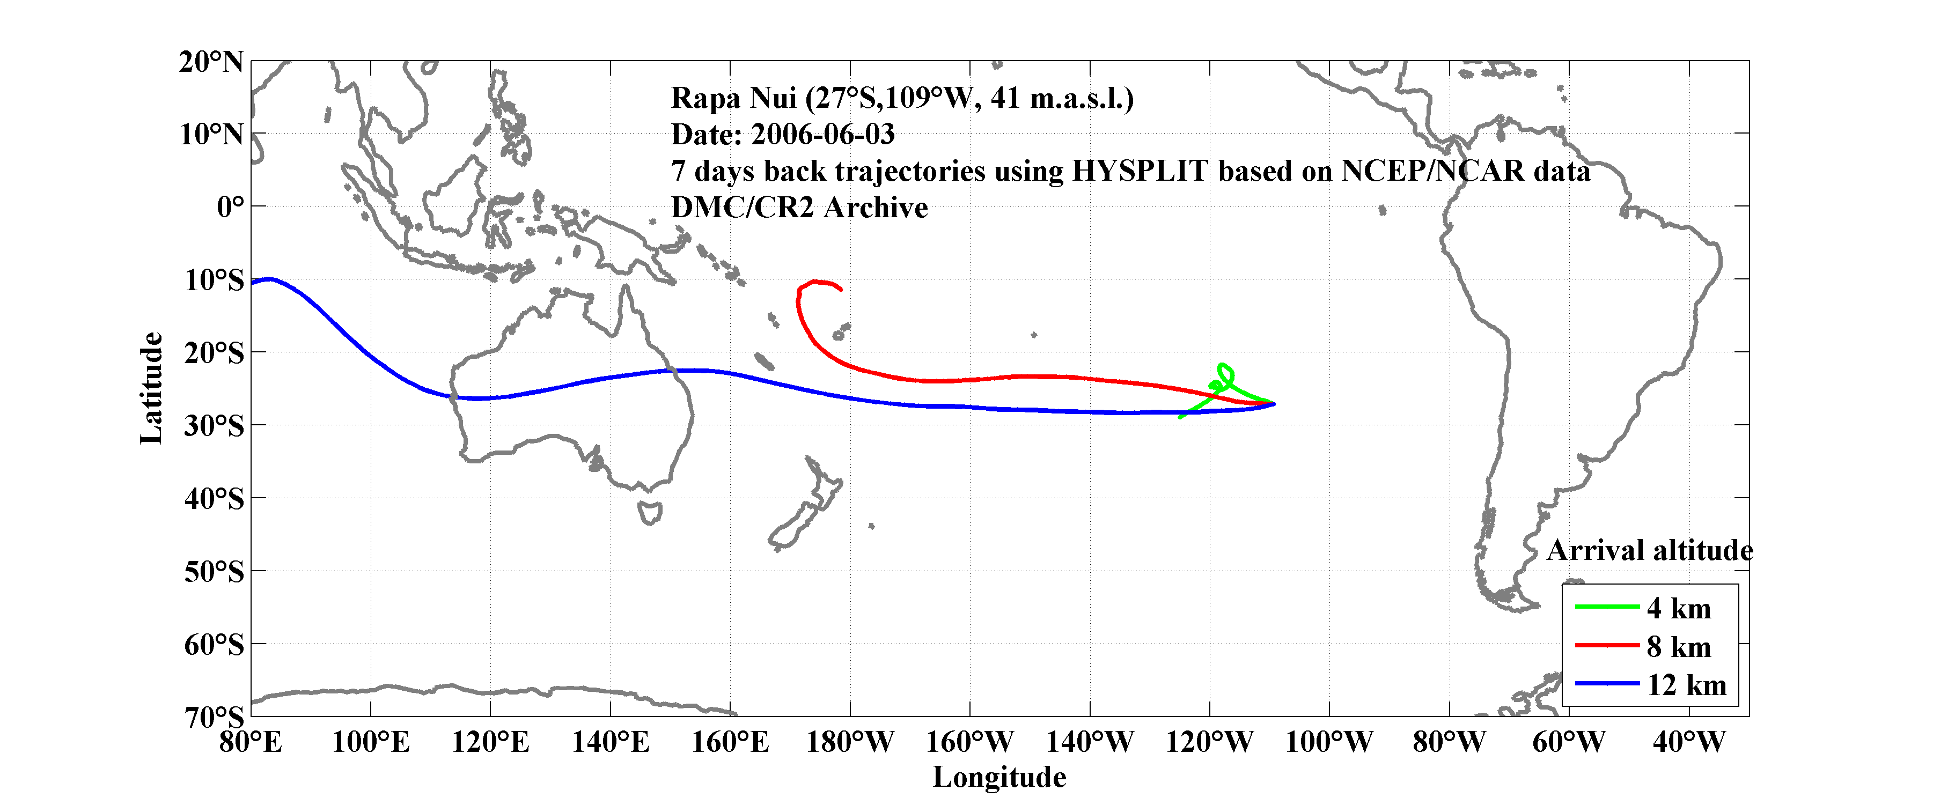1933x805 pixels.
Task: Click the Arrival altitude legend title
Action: pyautogui.click(x=1649, y=551)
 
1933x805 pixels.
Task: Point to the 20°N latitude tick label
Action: pyautogui.click(x=211, y=62)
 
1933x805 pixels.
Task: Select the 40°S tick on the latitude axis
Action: pyautogui.click(x=215, y=498)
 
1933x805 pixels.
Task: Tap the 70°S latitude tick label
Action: pyautogui.click(x=215, y=717)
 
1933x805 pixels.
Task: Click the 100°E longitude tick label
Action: pyautogui.click(x=371, y=743)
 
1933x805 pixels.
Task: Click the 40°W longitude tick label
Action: pyautogui.click(x=1688, y=743)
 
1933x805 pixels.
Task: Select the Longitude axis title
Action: pyautogui.click(x=999, y=777)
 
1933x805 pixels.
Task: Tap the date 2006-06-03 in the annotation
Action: pyautogui.click(x=822, y=134)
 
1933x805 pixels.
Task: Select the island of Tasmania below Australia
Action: pyautogui.click(x=650, y=513)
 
